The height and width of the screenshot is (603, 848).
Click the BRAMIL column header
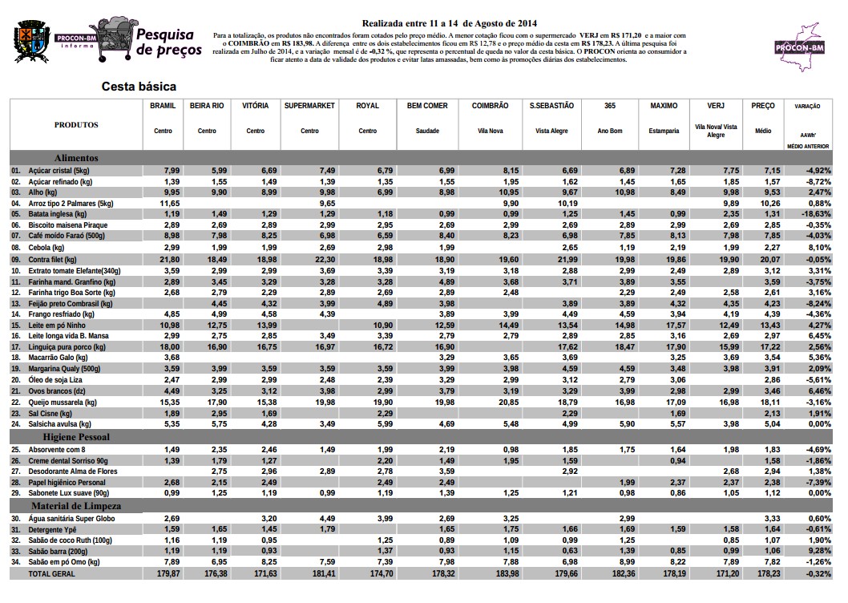163,105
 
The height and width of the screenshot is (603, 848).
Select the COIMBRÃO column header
490,105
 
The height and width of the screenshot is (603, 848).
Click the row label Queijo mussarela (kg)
63,402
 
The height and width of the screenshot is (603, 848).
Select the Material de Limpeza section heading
76,507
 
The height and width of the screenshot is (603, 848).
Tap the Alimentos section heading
76,158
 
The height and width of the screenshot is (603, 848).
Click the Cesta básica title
139,86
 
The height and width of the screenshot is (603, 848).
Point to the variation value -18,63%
816,215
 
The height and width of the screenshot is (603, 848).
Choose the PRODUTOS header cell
76,125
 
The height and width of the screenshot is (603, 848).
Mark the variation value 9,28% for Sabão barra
819,552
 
